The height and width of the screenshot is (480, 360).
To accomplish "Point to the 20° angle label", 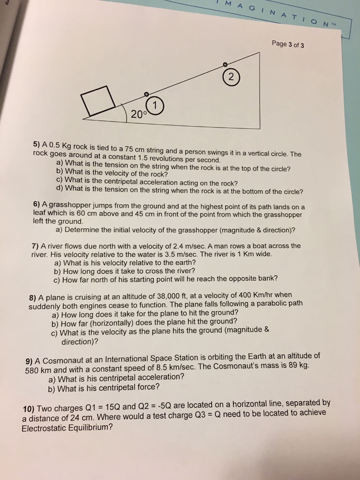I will (x=139, y=114).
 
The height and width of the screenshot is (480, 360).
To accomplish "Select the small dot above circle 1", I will (x=147, y=94).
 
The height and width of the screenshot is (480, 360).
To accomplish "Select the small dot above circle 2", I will (x=225, y=64).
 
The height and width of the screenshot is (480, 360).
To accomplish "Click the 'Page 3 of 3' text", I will (x=288, y=45).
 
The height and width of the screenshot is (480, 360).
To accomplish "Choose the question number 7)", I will (x=35, y=246).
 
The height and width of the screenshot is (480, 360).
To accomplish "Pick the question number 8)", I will (x=33, y=297).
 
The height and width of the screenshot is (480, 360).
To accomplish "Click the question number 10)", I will (x=29, y=409).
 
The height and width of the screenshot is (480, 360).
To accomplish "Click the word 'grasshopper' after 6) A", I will (x=70, y=205).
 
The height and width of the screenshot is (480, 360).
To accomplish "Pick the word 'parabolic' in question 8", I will (x=265, y=303).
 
